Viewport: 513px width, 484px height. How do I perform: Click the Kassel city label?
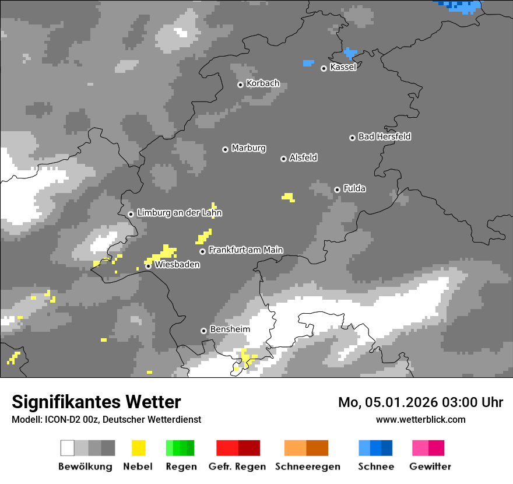pyautogui.click(x=343, y=67)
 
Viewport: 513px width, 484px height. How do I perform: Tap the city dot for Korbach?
pyautogui.click(x=240, y=85)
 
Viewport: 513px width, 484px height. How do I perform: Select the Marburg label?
pyautogui.click(x=248, y=148)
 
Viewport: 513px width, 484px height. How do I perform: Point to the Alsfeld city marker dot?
pyautogui.click(x=283, y=159)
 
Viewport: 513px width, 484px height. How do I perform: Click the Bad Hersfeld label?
pyautogui.click(x=384, y=136)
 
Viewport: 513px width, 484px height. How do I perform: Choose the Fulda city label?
pyautogui.click(x=354, y=188)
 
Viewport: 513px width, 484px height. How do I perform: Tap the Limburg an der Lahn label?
pyautogui.click(x=179, y=213)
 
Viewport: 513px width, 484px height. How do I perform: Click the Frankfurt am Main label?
pyautogui.click(x=245, y=250)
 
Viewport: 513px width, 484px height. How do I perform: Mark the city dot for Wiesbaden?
pyautogui.click(x=149, y=266)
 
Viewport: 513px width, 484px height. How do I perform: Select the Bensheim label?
pyautogui.click(x=230, y=329)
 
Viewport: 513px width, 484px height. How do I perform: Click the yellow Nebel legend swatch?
pyautogui.click(x=138, y=448)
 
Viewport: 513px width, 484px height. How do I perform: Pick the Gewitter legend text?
pyautogui.click(x=430, y=467)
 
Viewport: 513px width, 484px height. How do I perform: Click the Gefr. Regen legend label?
pyautogui.click(x=237, y=467)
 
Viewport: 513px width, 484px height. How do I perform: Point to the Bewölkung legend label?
pyautogui.click(x=85, y=467)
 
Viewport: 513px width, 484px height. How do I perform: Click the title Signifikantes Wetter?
pyautogui.click(x=96, y=402)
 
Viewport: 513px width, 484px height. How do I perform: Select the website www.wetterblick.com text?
pyautogui.click(x=420, y=419)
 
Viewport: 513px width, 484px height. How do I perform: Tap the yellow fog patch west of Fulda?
pyautogui.click(x=288, y=197)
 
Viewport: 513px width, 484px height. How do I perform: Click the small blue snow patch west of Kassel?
pyautogui.click(x=308, y=62)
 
